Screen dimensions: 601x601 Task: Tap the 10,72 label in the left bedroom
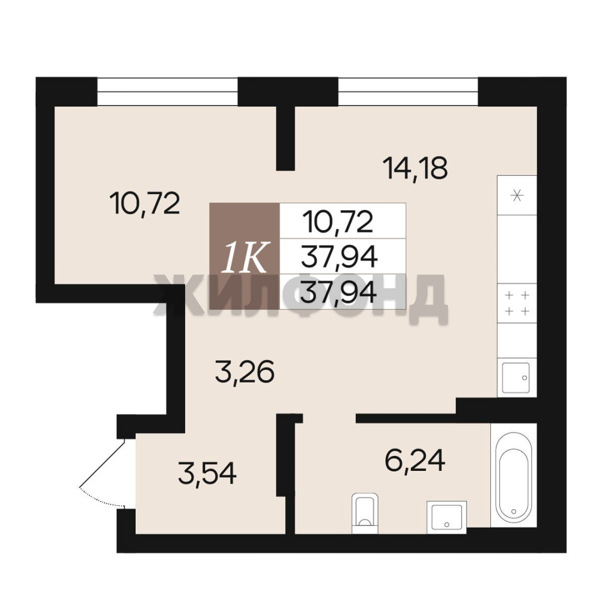tap(145, 204)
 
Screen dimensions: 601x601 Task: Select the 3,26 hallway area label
tap(244, 372)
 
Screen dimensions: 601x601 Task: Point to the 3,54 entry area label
tap(207, 473)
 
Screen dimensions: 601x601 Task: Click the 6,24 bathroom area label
tap(415, 460)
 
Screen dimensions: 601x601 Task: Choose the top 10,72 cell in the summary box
tap(338, 221)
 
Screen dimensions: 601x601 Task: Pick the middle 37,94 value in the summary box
tap(339, 257)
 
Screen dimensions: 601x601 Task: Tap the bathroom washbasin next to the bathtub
tap(446, 516)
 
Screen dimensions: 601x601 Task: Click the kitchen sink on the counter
tap(516, 377)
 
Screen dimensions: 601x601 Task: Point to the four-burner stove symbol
tap(516, 303)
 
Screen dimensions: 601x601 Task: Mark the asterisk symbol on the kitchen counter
tap(518, 196)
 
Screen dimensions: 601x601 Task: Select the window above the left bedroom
tap(168, 92)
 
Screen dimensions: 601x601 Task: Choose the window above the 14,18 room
tap(408, 92)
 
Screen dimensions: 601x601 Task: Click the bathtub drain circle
tap(514, 511)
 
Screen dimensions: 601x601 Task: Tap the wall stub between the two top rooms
tap(285, 138)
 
